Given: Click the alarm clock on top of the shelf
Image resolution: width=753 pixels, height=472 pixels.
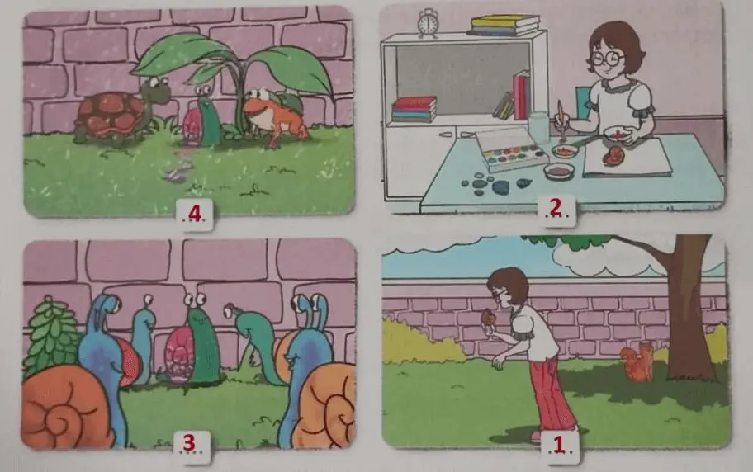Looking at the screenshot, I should point(428,24).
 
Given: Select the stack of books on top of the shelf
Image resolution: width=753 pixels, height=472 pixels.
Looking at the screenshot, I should point(504,25).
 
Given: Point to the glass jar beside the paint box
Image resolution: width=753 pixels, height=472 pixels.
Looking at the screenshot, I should point(538,129).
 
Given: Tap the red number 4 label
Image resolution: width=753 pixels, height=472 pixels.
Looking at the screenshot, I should point(195,214).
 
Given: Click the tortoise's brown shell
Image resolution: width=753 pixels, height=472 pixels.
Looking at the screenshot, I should point(106,114).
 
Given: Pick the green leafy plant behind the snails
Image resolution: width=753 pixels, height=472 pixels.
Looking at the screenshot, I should point(51,337).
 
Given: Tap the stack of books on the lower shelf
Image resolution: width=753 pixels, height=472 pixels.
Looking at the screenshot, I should point(414,109).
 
